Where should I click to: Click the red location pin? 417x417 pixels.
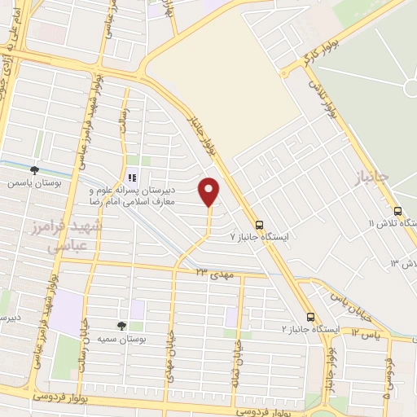pos(210,191)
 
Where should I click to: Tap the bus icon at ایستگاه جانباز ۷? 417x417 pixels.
pos(259,225)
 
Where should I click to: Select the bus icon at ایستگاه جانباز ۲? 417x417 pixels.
pos(310,317)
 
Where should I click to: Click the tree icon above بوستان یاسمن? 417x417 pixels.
pos(34,170)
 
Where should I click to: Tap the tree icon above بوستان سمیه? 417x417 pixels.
pos(121,325)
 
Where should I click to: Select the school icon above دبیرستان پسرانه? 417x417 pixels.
pos(132,177)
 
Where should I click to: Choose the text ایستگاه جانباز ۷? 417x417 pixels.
pos(265,237)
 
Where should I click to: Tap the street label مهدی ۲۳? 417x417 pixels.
pos(214,274)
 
